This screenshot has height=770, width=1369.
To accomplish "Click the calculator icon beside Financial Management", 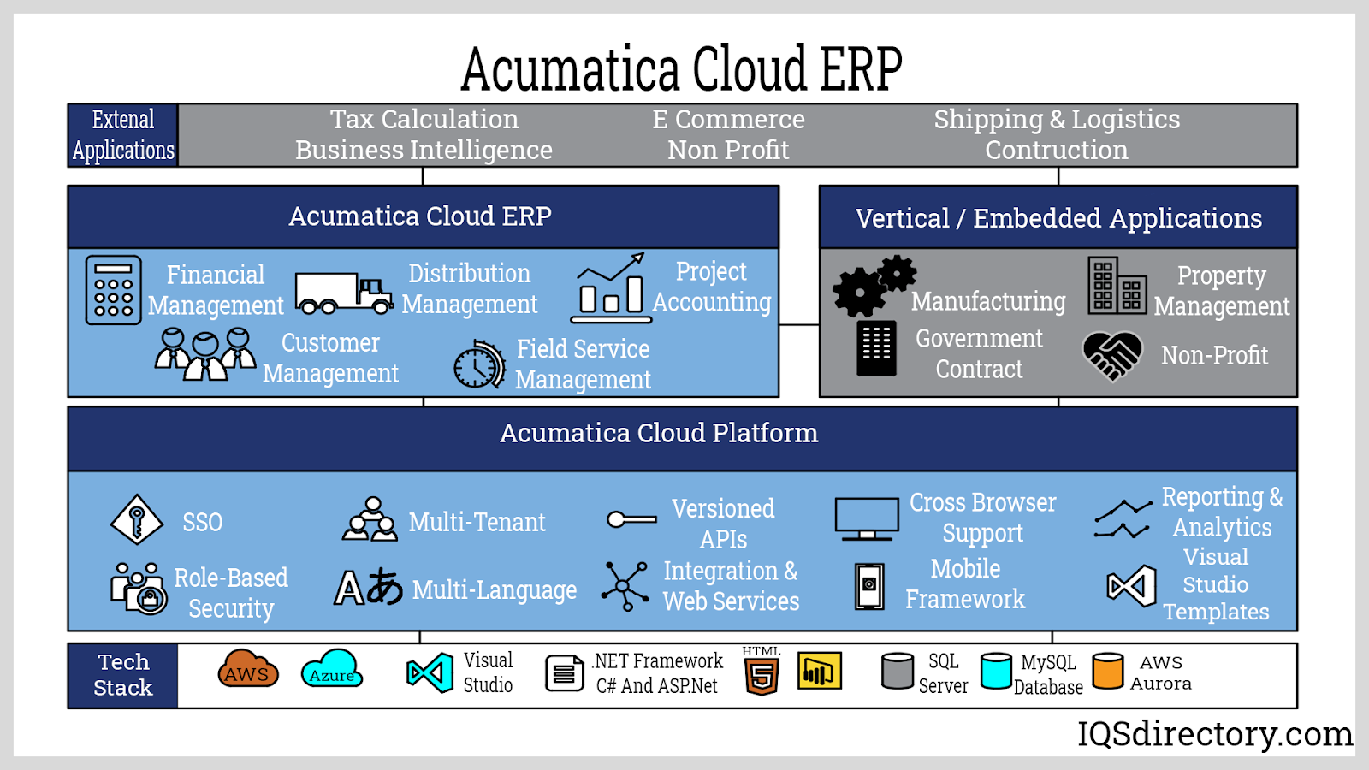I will (113, 290).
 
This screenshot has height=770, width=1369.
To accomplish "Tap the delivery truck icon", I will (343, 293).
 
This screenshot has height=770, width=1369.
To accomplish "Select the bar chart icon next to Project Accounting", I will (610, 288).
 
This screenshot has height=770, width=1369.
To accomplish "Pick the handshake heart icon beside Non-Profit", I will (1111, 355).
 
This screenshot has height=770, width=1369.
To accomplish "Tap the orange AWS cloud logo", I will (248, 670).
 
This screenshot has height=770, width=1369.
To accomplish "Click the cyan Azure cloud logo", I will (332, 670).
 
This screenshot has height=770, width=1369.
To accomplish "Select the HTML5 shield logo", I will (762, 673).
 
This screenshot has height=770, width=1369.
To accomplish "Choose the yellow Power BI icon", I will (820, 671).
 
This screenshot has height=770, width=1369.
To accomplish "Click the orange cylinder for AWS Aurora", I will (1107, 671).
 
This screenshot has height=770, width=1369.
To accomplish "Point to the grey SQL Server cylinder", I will (898, 672).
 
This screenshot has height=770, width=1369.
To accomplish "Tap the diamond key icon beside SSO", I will (137, 519).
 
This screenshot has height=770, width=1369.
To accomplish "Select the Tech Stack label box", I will (123, 675).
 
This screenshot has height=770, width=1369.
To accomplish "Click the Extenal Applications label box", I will (123, 135).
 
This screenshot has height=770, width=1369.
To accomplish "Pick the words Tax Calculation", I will (424, 120).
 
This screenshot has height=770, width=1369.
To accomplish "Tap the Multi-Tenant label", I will (477, 522).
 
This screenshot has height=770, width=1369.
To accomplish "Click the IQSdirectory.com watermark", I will (1214, 734).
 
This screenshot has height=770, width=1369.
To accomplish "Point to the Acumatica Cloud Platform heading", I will (659, 434).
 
